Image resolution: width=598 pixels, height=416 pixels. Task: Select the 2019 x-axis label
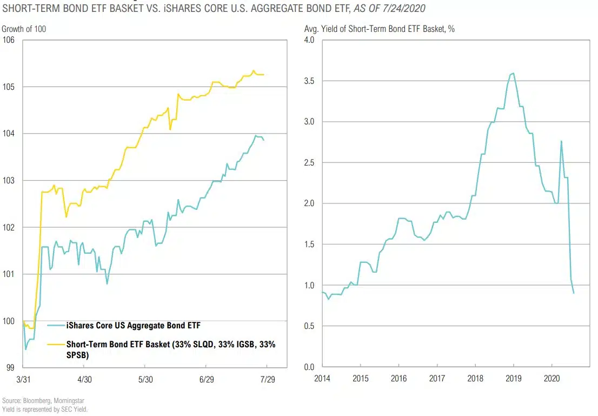coord(513,378)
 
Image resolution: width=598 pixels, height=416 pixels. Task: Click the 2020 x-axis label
coord(552,378)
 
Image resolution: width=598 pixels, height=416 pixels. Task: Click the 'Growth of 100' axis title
coord(24,29)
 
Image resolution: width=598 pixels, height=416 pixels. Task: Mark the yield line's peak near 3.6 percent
coord(513,73)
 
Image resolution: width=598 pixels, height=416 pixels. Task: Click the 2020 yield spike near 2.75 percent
coord(561,141)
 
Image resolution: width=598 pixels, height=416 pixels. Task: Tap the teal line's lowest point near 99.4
coord(25,349)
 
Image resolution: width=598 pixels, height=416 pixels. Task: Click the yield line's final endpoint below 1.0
coord(573,293)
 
